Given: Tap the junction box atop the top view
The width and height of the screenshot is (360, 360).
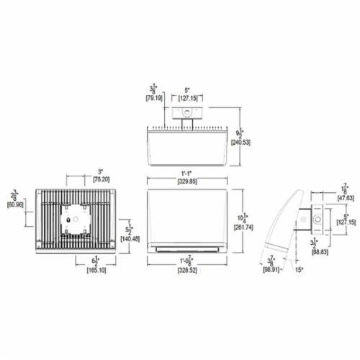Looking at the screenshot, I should (188, 112).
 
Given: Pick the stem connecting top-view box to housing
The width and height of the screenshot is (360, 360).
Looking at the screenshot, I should (188, 125).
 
